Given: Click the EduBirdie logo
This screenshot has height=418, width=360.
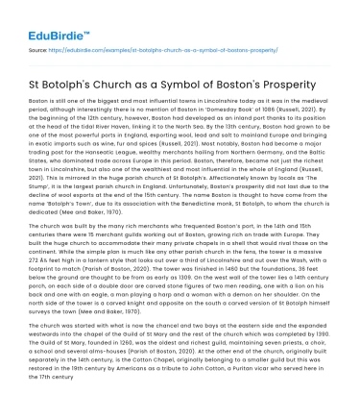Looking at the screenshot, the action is point(45,19).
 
